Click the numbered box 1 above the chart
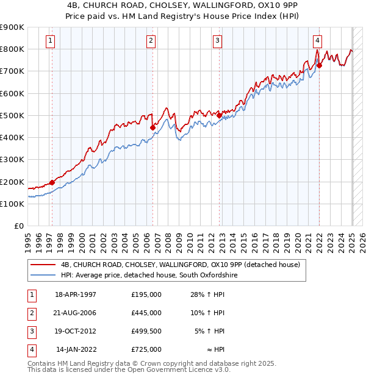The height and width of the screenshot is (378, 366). point(49,41)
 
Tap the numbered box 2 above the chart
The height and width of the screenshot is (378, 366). point(151,41)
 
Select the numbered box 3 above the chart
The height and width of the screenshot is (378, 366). point(217,41)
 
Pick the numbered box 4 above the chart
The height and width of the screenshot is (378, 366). point(318,41)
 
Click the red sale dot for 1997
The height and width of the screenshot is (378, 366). point(52,182)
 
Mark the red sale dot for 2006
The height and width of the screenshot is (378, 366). point(152,127)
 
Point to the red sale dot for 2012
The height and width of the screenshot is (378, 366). point(220,115)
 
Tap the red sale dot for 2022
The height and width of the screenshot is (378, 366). point(319,65)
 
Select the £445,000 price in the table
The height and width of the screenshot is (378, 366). point(146,313)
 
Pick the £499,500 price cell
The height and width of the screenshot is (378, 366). point(146,331)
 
